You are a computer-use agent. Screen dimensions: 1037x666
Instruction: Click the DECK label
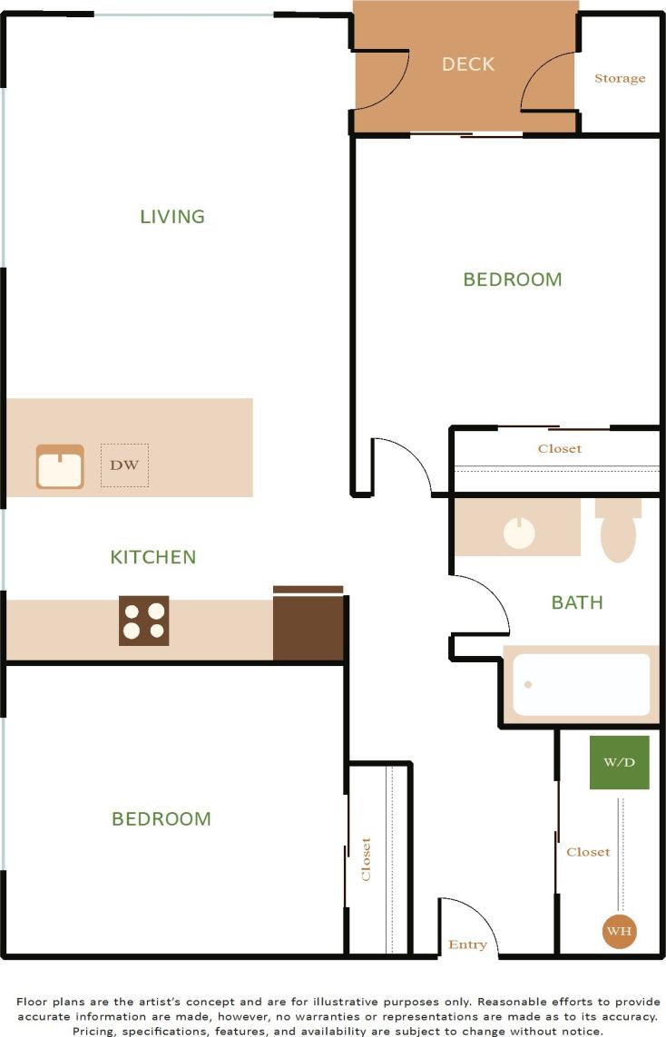[x=468, y=64]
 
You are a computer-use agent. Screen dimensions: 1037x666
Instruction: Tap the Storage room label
[x=620, y=79]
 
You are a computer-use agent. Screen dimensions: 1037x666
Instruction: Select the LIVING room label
[x=172, y=217]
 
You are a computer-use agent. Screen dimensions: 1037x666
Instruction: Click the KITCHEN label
[x=153, y=557]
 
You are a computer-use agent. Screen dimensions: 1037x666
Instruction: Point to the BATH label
[x=577, y=602]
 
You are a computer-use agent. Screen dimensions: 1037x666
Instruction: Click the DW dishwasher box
[x=124, y=465]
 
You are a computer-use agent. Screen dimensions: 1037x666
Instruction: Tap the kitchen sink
[x=60, y=467]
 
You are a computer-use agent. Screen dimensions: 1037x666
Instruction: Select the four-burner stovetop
[x=144, y=621]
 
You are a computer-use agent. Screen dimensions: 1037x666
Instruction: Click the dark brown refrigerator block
[x=309, y=626]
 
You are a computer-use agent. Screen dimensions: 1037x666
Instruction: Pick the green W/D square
[x=620, y=762]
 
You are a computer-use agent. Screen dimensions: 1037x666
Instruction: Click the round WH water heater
[x=620, y=931]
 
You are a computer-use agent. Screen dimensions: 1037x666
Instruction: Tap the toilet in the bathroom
[x=618, y=533]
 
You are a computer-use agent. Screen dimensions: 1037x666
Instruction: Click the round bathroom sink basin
[x=519, y=533]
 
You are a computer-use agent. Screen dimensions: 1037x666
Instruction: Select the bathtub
[x=582, y=685]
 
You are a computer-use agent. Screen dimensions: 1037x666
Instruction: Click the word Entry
[x=467, y=945]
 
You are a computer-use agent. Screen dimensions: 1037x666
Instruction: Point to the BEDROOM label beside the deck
[x=513, y=279]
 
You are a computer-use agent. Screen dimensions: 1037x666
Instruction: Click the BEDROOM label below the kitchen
[x=162, y=819]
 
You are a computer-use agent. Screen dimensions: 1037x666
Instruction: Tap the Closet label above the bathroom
[x=560, y=449]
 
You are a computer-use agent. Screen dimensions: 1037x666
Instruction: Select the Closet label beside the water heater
[x=588, y=853]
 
